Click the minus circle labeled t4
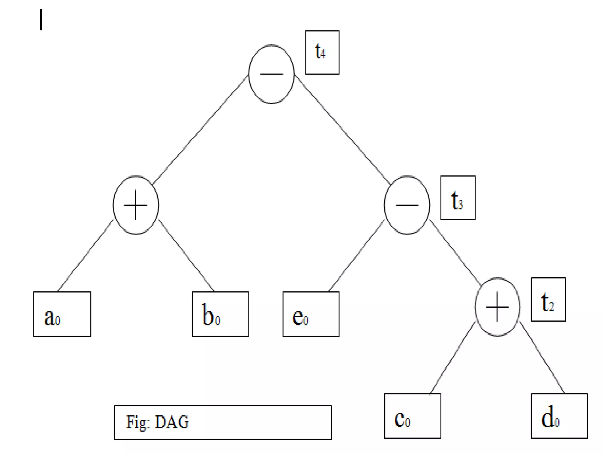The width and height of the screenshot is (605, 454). (271, 74)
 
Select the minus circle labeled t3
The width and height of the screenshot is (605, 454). (407, 205)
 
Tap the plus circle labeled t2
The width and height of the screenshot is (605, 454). (497, 307)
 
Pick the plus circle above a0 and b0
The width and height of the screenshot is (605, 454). (136, 205)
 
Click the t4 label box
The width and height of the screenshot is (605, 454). (322, 52)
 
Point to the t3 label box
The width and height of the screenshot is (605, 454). (458, 197)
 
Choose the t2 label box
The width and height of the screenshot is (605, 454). (548, 299)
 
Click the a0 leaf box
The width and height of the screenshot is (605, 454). (62, 314)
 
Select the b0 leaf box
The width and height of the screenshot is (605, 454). (220, 314)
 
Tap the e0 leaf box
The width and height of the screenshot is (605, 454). (311, 314)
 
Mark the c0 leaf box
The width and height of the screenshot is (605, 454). (412, 416)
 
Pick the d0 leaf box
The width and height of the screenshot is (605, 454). (559, 416)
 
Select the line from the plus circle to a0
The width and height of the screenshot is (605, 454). (86, 255)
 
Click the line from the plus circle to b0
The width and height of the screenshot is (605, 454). (186, 255)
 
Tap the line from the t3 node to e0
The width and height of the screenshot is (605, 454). (357, 255)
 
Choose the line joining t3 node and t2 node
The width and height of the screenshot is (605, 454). (455, 252)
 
